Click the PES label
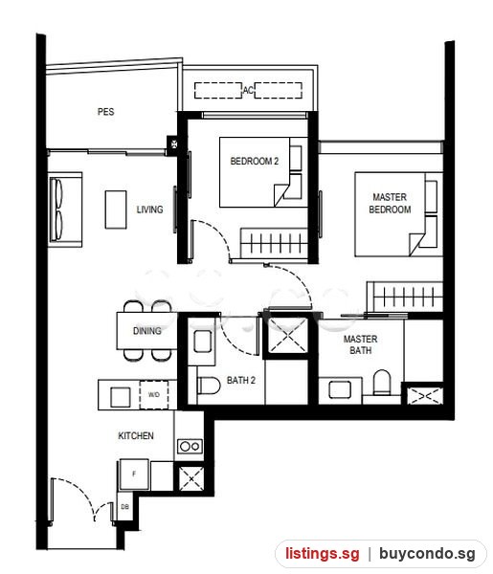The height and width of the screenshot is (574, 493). click(105, 112)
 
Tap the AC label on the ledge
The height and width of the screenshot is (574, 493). click(248, 90)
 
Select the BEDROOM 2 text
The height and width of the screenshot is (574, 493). click(255, 161)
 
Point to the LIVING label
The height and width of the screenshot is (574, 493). click(149, 210)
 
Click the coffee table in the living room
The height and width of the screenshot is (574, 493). click(116, 210)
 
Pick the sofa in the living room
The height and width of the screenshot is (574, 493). click(65, 210)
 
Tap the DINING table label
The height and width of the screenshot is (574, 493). click(146, 331)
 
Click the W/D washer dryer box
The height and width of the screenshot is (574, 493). click(154, 394)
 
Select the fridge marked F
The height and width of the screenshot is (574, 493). click(134, 475)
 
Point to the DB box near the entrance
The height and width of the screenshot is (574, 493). click(124, 507)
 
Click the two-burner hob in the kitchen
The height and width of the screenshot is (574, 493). click(190, 446)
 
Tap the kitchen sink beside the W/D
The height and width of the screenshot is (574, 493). click(120, 397)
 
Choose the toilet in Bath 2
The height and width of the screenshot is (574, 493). click(209, 386)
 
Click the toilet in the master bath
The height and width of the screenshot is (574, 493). click(382, 383)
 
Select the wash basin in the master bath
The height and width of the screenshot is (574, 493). click(340, 390)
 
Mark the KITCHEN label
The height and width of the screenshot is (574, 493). click(136, 435)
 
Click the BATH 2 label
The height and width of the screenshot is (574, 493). click(240, 381)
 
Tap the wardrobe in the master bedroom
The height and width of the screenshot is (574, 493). click(405, 297)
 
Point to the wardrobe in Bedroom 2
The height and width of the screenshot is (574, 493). click(274, 243)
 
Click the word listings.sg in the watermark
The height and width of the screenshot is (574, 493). click(323, 553)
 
